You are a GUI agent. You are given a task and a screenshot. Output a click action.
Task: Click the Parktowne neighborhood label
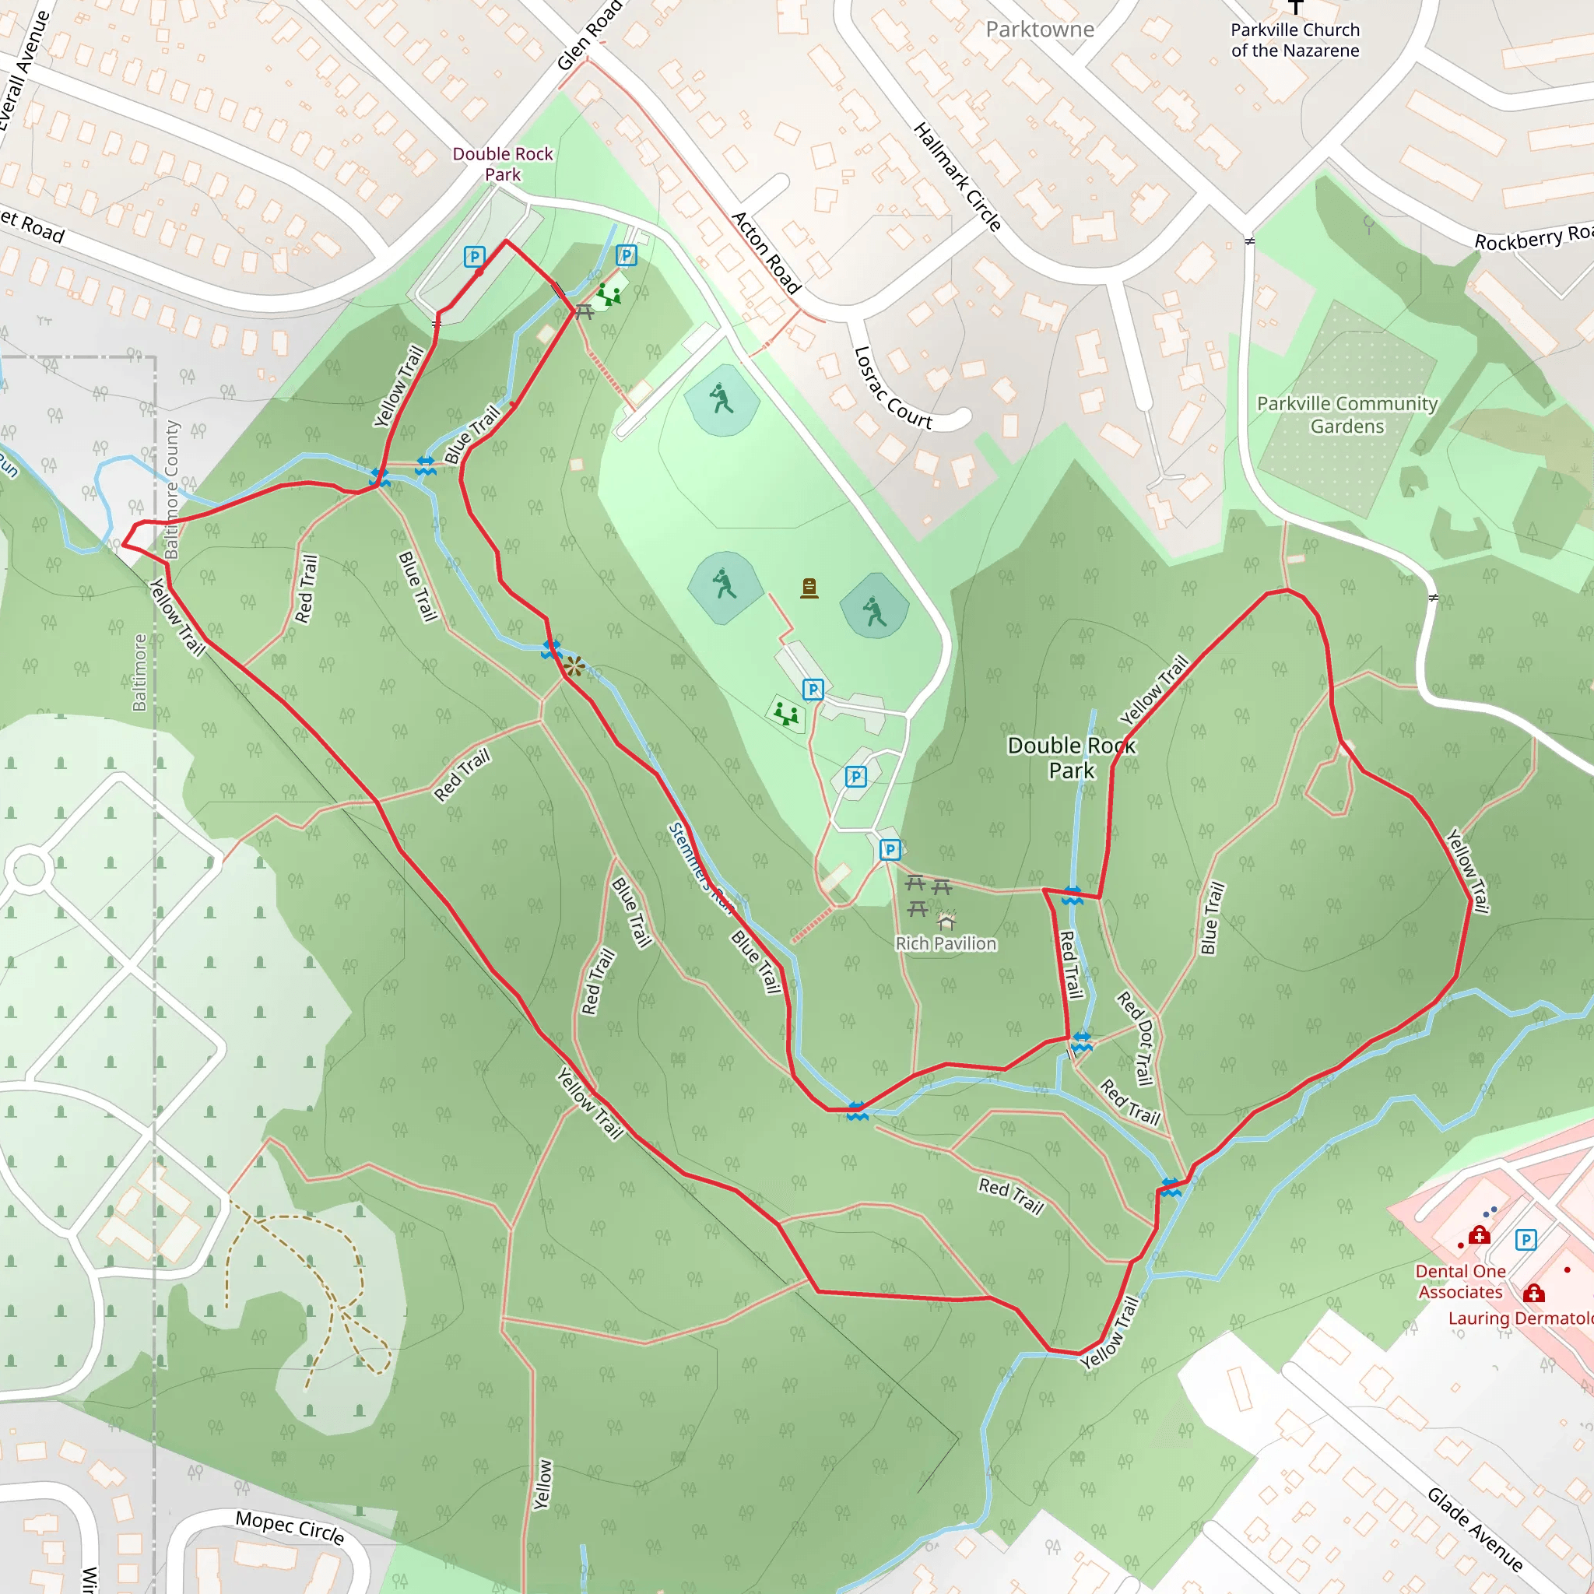[x=1040, y=30]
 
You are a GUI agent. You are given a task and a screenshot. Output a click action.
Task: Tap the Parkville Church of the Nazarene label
[x=1294, y=40]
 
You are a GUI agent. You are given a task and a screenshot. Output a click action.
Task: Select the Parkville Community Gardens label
[x=1346, y=414]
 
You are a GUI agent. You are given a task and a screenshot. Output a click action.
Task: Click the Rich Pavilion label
[x=946, y=943]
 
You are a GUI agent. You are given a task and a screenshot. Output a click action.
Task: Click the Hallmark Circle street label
[x=957, y=177]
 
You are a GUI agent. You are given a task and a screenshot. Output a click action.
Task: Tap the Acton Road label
[x=767, y=252]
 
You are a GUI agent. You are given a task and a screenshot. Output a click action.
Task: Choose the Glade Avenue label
[x=1475, y=1529]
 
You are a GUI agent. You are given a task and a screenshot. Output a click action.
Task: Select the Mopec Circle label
[x=290, y=1526]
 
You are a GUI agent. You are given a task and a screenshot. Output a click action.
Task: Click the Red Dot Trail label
[x=1136, y=1038]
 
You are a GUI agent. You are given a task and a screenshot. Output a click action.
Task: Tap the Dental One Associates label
[x=1460, y=1281]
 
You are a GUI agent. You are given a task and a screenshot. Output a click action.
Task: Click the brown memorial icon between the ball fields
[x=809, y=588]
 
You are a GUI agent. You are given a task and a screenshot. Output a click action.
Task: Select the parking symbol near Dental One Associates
[x=1526, y=1239]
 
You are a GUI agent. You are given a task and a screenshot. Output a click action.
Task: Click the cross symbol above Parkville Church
[x=1295, y=6]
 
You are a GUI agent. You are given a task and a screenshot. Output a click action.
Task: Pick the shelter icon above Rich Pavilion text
[x=946, y=919]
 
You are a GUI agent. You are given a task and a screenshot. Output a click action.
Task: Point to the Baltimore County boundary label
[x=171, y=490]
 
